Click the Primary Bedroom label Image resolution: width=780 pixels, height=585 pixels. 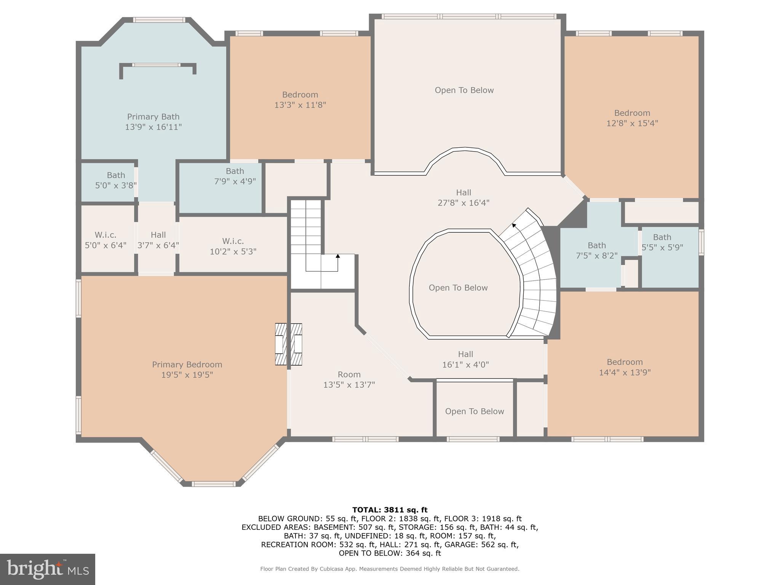pyautogui.click(x=187, y=369)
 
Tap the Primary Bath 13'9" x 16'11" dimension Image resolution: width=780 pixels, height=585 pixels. pyautogui.click(x=153, y=127)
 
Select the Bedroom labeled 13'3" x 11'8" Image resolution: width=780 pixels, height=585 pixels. pyautogui.click(x=300, y=99)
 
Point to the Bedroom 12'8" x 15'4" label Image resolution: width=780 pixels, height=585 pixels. pyautogui.click(x=632, y=118)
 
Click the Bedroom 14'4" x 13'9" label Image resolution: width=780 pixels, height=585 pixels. pyautogui.click(x=625, y=367)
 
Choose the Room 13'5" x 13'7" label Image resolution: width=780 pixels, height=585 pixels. pyautogui.click(x=349, y=379)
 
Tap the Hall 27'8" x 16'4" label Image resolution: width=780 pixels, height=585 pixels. pyautogui.click(x=464, y=198)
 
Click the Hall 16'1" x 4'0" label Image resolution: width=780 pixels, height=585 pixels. pyautogui.click(x=465, y=359)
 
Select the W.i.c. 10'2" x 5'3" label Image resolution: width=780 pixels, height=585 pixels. pyautogui.click(x=233, y=246)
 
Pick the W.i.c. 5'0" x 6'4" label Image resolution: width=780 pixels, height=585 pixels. pyautogui.click(x=105, y=240)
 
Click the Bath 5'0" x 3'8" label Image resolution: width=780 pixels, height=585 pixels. pyautogui.click(x=116, y=180)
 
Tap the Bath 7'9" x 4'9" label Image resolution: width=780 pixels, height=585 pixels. pyautogui.click(x=235, y=176)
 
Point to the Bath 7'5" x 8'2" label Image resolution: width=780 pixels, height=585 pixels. pyautogui.click(x=596, y=250)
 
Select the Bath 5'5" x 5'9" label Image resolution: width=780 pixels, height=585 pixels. pyautogui.click(x=662, y=242)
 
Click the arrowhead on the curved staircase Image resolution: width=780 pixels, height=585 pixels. pyautogui.click(x=514, y=225)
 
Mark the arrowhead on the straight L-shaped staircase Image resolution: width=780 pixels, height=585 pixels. pyautogui.click(x=337, y=256)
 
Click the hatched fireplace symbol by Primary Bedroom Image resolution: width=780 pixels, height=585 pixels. pyautogui.click(x=289, y=344)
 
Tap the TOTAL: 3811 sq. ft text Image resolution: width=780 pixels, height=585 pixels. pyautogui.click(x=390, y=510)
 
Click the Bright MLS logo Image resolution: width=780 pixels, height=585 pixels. pyautogui.click(x=48, y=569)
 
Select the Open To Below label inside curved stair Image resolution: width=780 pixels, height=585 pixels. pyautogui.click(x=458, y=288)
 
